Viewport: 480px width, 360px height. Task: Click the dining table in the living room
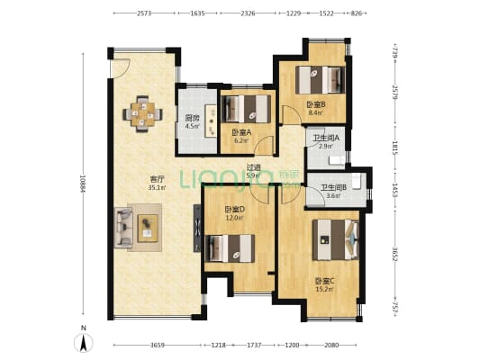tap(141, 112)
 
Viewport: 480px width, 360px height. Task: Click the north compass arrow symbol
tap(84, 341)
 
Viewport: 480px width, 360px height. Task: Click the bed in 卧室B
tap(322, 80)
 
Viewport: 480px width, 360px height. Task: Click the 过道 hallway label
tap(254, 167)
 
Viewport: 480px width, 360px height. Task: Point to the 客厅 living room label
tap(157, 178)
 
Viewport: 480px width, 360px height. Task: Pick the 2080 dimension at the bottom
tap(332, 346)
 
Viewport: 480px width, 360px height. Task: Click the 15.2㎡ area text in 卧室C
tap(324, 289)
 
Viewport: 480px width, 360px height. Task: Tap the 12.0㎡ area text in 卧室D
tap(235, 217)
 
